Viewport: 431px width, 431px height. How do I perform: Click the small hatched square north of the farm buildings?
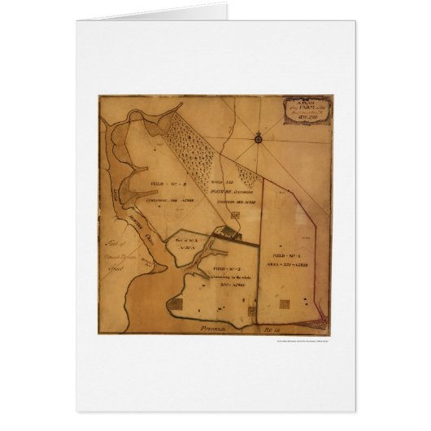pos(237,215)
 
